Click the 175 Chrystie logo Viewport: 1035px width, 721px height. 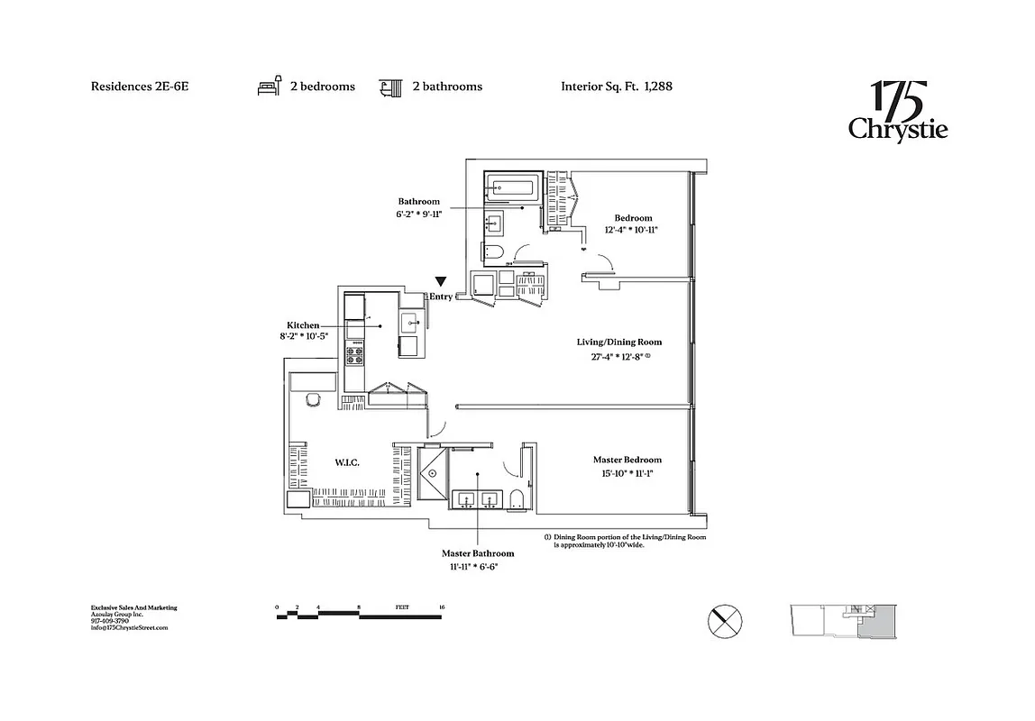[897, 112]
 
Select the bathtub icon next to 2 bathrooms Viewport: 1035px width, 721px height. [389, 87]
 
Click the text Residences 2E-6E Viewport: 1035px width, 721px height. [140, 87]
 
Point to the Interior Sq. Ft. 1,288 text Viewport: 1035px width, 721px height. [617, 87]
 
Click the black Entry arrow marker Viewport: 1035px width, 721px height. [441, 282]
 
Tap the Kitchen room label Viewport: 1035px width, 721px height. [303, 324]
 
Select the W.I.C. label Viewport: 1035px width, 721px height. [347, 462]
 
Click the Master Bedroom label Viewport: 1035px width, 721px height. [627, 460]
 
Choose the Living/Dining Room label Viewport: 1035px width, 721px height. [619, 342]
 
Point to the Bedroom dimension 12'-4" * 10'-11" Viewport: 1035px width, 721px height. [632, 230]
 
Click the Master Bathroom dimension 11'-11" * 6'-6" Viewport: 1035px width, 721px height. [478, 566]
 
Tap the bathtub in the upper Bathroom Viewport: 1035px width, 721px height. [512, 188]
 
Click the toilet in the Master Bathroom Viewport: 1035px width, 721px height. [517, 498]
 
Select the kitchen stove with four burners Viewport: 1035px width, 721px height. [354, 354]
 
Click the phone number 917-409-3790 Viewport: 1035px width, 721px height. [110, 621]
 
